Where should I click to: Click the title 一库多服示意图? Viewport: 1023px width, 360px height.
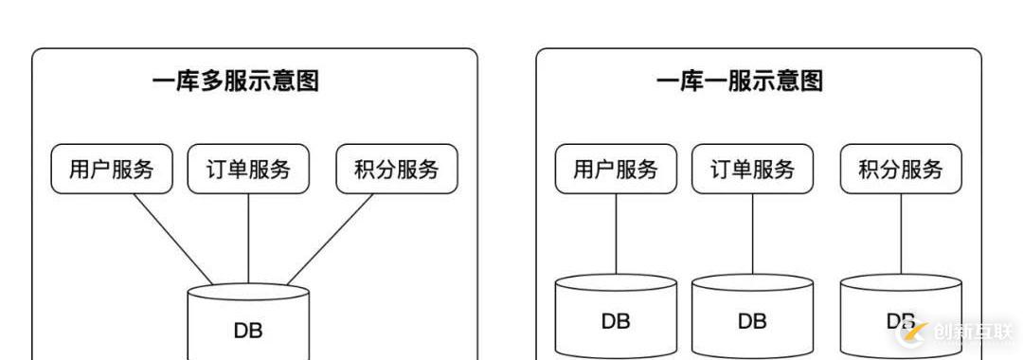(x=235, y=81)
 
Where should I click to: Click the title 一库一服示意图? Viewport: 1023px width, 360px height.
(x=739, y=81)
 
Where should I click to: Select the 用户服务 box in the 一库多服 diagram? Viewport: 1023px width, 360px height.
(x=112, y=170)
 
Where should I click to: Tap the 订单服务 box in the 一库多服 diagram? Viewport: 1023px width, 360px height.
(x=248, y=170)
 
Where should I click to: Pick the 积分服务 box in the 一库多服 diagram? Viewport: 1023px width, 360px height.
(x=397, y=170)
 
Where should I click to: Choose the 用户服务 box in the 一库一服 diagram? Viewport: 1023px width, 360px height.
(x=616, y=170)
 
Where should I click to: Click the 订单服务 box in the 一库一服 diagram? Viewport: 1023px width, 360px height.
(x=752, y=170)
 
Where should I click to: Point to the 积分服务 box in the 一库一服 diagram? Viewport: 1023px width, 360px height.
(x=901, y=170)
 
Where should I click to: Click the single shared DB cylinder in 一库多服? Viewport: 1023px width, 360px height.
(x=248, y=322)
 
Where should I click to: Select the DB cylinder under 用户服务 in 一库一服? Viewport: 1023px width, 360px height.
(x=616, y=317)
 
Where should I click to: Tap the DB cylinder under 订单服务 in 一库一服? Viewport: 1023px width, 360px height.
(x=752, y=317)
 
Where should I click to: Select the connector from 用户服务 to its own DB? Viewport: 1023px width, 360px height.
(x=616, y=234)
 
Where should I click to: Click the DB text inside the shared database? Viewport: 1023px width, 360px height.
(x=248, y=331)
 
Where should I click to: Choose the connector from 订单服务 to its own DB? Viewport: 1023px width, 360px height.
(x=752, y=234)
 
